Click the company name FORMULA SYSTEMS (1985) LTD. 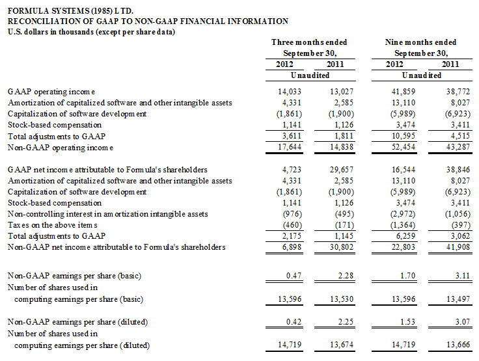coord(70,11)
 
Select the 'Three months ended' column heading coord(309,42)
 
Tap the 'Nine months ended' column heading coord(420,42)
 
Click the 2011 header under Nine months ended coord(450,64)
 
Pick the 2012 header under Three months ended coord(284,64)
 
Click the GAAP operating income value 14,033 coord(290,92)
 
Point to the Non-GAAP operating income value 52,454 coord(404,147)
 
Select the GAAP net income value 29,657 coord(342,170)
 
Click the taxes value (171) coord(344,225)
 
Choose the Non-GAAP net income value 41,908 coord(458,247)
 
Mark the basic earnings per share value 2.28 coord(346,276)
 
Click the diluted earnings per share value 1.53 coord(408,322)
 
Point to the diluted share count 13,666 coord(458,345)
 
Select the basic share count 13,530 coord(342,299)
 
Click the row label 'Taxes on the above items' coord(53,225)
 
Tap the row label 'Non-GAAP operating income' coord(61,148)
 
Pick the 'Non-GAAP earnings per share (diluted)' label coord(77,322)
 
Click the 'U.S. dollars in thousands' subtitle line coord(91,32)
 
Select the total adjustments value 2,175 coord(292,235)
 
